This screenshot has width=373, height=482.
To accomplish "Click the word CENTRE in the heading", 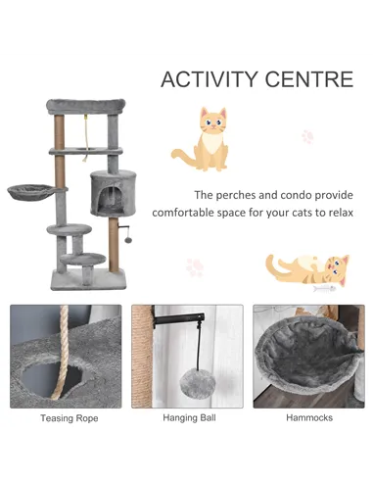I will (x=312, y=79).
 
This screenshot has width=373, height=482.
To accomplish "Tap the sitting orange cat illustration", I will (x=205, y=139).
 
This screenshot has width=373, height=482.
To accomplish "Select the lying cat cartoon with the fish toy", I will (x=307, y=267).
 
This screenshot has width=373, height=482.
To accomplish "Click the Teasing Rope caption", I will (x=69, y=417).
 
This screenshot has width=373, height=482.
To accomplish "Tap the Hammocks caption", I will (x=309, y=417).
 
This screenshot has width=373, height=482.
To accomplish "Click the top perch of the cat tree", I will (x=86, y=105).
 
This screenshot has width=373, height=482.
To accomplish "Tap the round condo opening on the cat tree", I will (x=110, y=199).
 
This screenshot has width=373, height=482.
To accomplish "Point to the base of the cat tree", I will (x=88, y=281).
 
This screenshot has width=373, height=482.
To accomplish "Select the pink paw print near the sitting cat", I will (x=308, y=137).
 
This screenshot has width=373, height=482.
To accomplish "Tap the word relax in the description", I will (x=337, y=214).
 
